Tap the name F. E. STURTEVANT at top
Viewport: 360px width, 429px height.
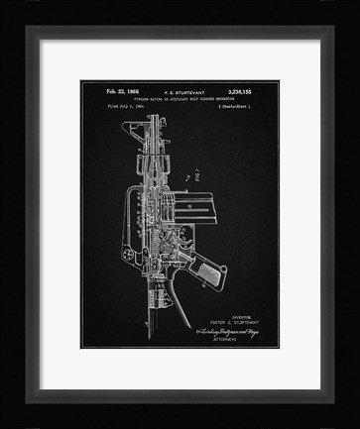point(176,91)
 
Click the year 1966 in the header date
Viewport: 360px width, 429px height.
point(126,91)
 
